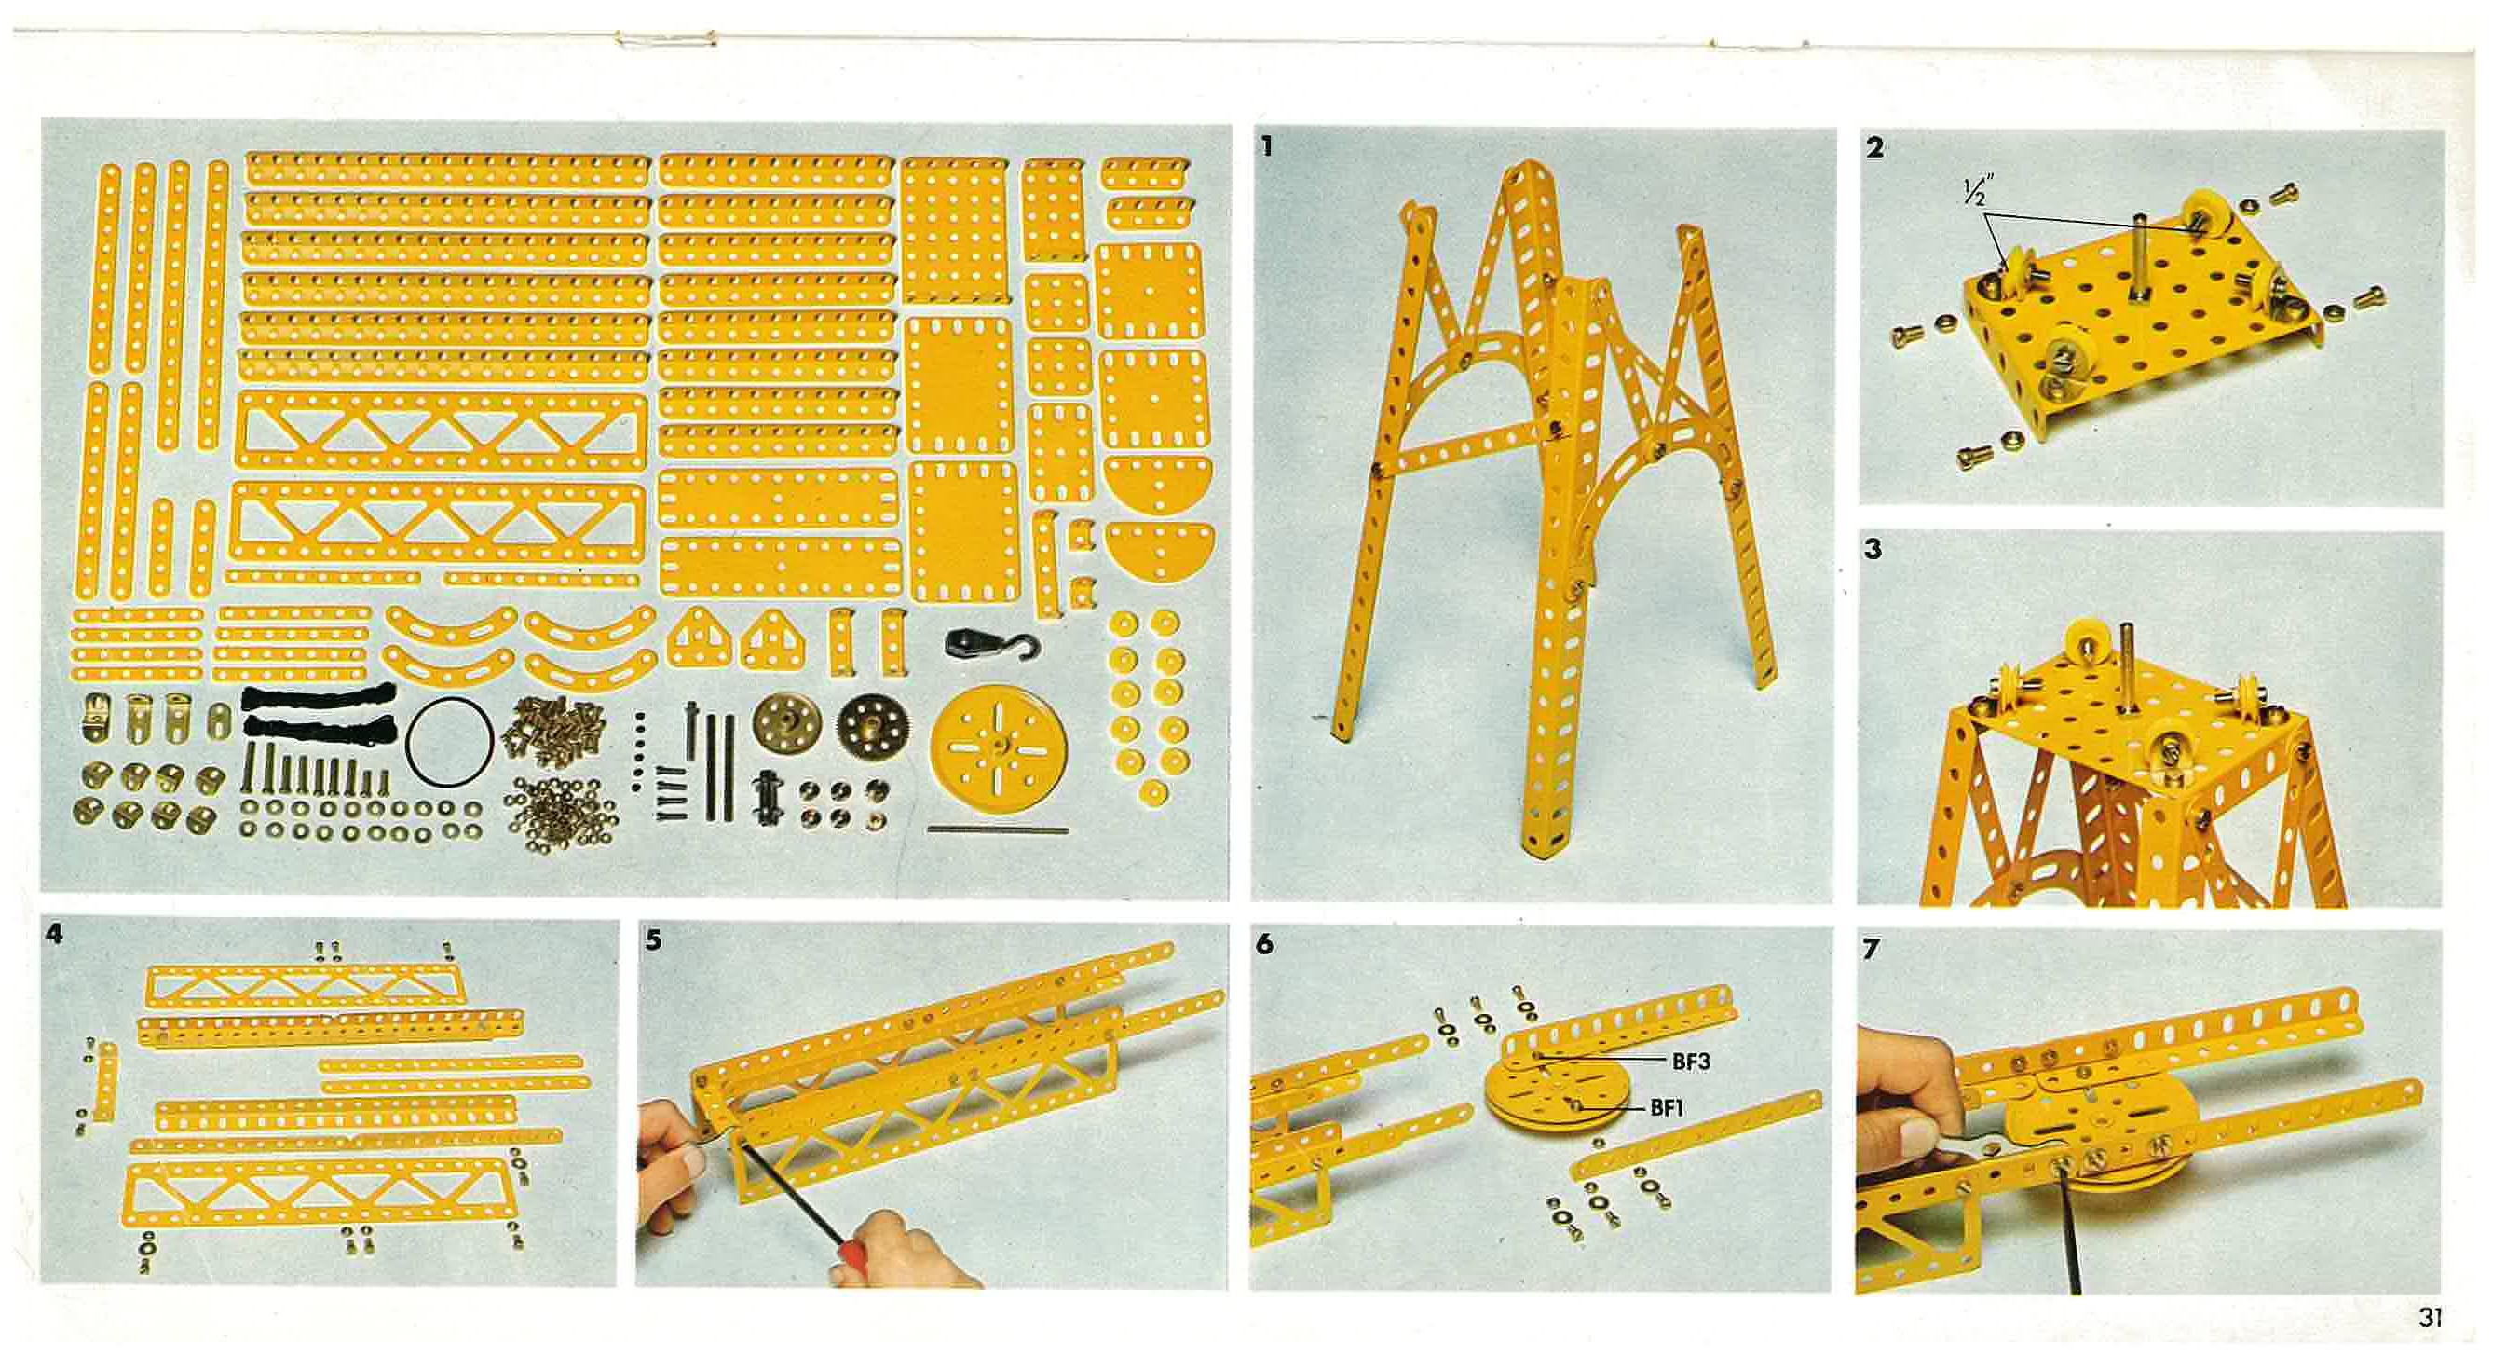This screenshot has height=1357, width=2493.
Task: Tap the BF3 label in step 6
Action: [1691, 1062]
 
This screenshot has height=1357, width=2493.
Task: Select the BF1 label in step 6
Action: [1667, 1107]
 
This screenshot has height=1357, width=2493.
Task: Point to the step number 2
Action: [1874, 148]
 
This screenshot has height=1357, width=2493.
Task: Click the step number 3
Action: [1873, 550]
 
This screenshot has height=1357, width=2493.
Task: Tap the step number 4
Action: [55, 933]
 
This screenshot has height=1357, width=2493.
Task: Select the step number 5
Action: [654, 939]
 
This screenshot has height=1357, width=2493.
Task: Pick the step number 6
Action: [1265, 944]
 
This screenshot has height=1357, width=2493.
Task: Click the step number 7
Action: [1871, 950]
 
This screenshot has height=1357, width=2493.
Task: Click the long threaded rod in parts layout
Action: [998, 829]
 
